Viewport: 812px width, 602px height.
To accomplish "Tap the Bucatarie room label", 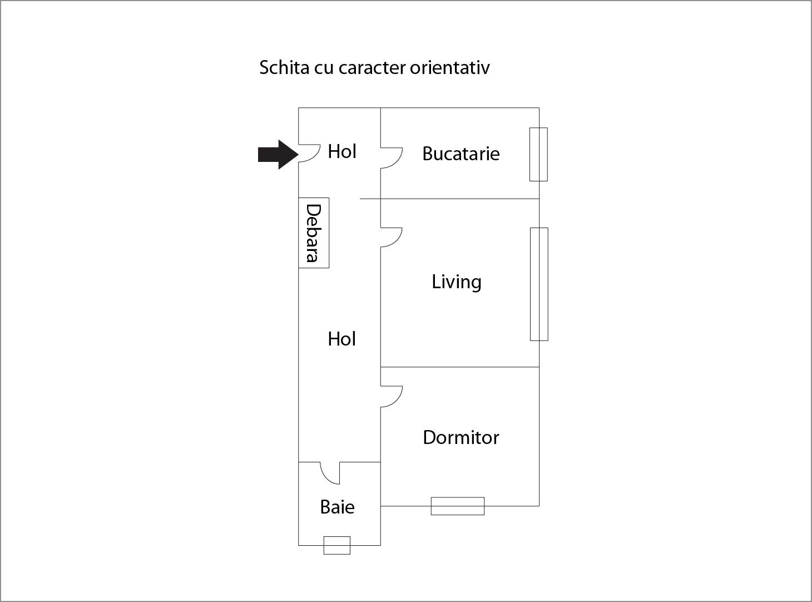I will [x=461, y=154].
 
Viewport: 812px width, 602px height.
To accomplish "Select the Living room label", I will [x=456, y=282].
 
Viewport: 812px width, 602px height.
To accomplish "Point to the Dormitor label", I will [x=461, y=437].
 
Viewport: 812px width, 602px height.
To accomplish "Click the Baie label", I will [x=337, y=507].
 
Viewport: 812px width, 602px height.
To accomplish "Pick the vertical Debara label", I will [x=314, y=233].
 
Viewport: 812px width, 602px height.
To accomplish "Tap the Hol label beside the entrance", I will [x=341, y=151].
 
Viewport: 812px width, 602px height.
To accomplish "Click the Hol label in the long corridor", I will [x=341, y=339].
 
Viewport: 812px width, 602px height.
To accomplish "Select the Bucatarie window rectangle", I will [x=538, y=154].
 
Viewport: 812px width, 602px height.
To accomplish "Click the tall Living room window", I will [x=539, y=284].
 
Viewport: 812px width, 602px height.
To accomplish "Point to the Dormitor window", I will [x=457, y=506].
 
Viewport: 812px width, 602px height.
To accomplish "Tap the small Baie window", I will [x=337, y=545].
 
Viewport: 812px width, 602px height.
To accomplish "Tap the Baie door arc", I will [x=329, y=473].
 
